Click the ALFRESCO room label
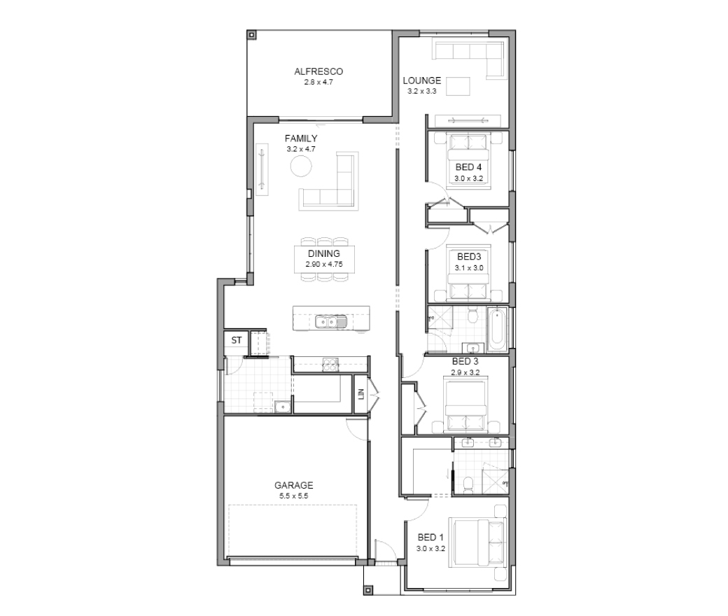[x=318, y=71]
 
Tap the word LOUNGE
[x=421, y=80]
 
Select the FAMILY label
[x=301, y=139]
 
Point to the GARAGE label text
[x=293, y=486]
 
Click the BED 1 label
[x=430, y=538]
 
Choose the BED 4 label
[x=468, y=167]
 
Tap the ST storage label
[x=237, y=340]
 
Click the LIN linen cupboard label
[x=360, y=395]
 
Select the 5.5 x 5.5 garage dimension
[x=293, y=496]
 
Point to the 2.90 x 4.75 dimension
[x=324, y=265]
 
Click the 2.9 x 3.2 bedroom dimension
[x=465, y=372]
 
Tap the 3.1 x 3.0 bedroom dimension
[x=469, y=268]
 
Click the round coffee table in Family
[x=301, y=166]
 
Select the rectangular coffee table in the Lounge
[x=458, y=86]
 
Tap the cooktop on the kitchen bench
[x=331, y=365]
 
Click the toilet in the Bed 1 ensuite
[x=468, y=483]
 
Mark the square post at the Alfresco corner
[x=251, y=35]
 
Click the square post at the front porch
[x=368, y=591]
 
